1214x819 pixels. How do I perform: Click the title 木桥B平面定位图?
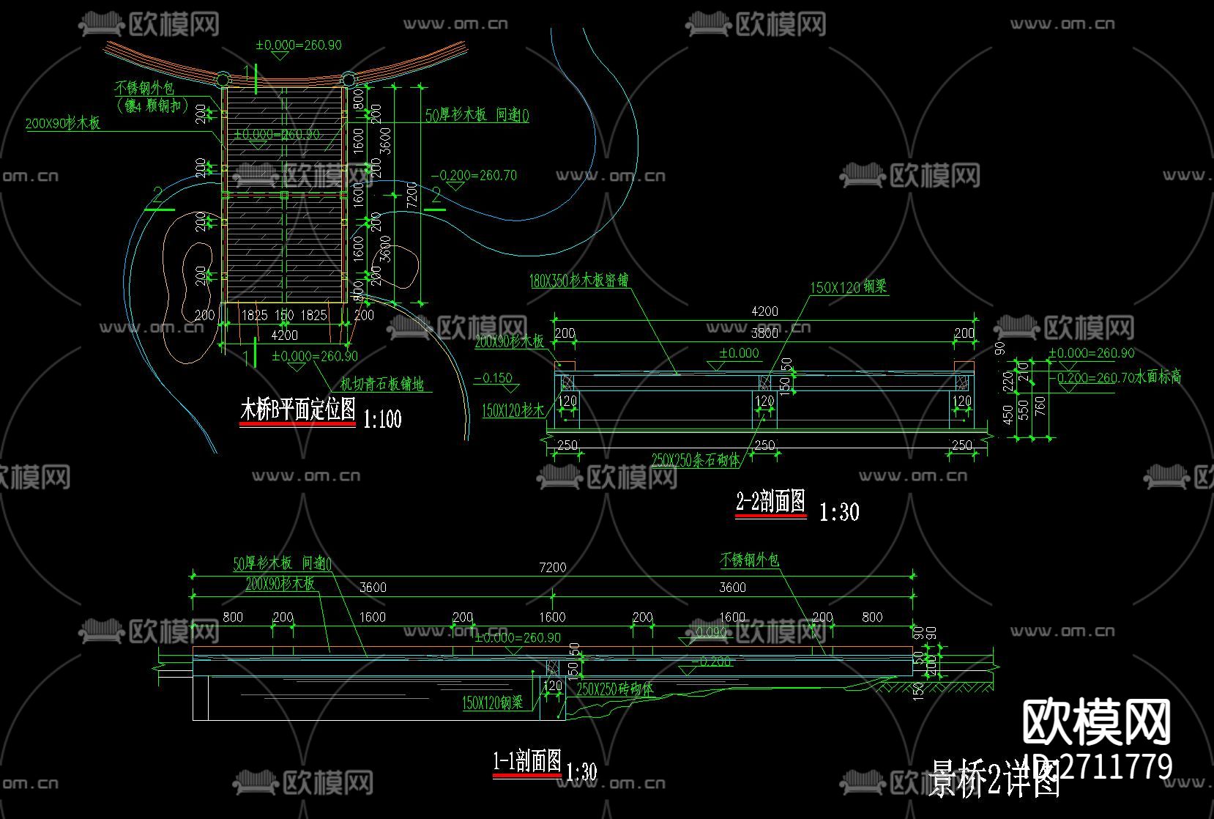(x=297, y=409)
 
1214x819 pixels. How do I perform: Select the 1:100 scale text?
(x=381, y=419)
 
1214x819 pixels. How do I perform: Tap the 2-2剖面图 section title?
(x=770, y=502)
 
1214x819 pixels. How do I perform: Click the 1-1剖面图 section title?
(x=527, y=762)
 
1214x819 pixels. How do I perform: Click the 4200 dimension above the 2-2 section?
(x=764, y=311)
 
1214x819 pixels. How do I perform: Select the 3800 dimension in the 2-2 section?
(x=764, y=333)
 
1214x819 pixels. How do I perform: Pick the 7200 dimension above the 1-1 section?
(x=552, y=567)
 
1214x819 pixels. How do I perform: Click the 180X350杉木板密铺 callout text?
(x=578, y=281)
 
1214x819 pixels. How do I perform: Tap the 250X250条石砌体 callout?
(x=696, y=460)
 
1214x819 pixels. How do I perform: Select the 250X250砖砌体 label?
(x=615, y=689)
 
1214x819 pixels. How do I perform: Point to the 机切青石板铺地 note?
(x=381, y=384)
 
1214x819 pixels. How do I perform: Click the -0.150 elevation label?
(x=493, y=379)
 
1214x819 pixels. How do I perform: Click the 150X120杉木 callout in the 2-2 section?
(x=513, y=411)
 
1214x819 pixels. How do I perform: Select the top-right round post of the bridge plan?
(x=349, y=79)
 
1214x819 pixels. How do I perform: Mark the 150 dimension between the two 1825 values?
(x=284, y=316)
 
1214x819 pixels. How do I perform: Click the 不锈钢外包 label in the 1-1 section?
(x=750, y=560)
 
